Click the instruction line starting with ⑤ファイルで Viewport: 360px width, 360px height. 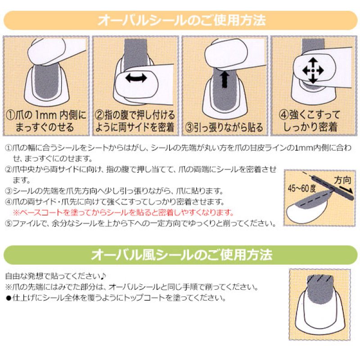[x=139, y=223]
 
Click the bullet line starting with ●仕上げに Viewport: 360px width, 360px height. [x=115, y=298]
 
